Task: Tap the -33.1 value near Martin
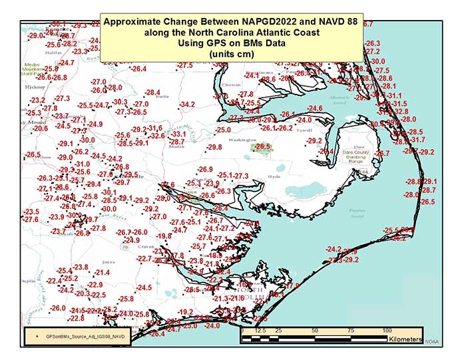pos(178,134)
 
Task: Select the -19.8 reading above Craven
pos(164,236)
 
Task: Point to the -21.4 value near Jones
pos(102,273)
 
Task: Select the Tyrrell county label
pos(304,131)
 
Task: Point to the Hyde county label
pos(274,177)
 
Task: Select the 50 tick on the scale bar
pos(314,330)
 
